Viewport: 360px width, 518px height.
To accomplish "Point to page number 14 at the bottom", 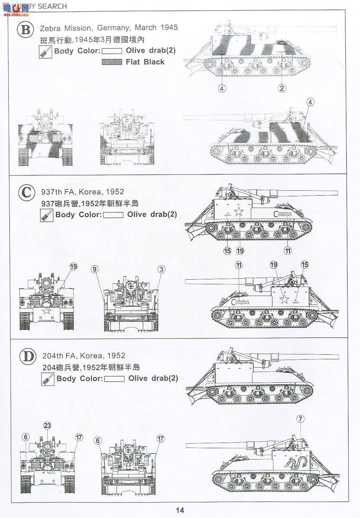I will click(x=180, y=510).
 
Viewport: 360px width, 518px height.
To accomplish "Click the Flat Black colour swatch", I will click(x=112, y=62).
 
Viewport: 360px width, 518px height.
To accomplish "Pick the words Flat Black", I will click(x=145, y=62).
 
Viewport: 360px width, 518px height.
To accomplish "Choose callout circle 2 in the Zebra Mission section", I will click(x=281, y=88).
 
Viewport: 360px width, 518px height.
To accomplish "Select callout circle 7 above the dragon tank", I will click(x=300, y=419).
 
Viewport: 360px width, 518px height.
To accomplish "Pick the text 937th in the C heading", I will click(x=52, y=192).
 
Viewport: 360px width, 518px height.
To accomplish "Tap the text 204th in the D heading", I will click(x=53, y=356).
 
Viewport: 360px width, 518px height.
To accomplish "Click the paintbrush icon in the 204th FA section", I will click(x=46, y=379).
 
